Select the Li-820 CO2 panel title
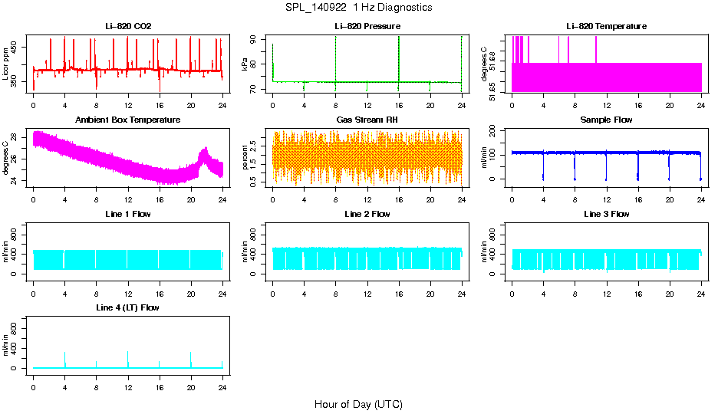tap(128, 26)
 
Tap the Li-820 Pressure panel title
tap(367, 26)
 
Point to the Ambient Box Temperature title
tap(128, 120)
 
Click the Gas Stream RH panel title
tap(367, 120)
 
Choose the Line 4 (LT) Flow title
tap(128, 307)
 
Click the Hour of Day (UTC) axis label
tap(358, 404)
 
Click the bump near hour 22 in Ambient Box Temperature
tap(204, 153)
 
